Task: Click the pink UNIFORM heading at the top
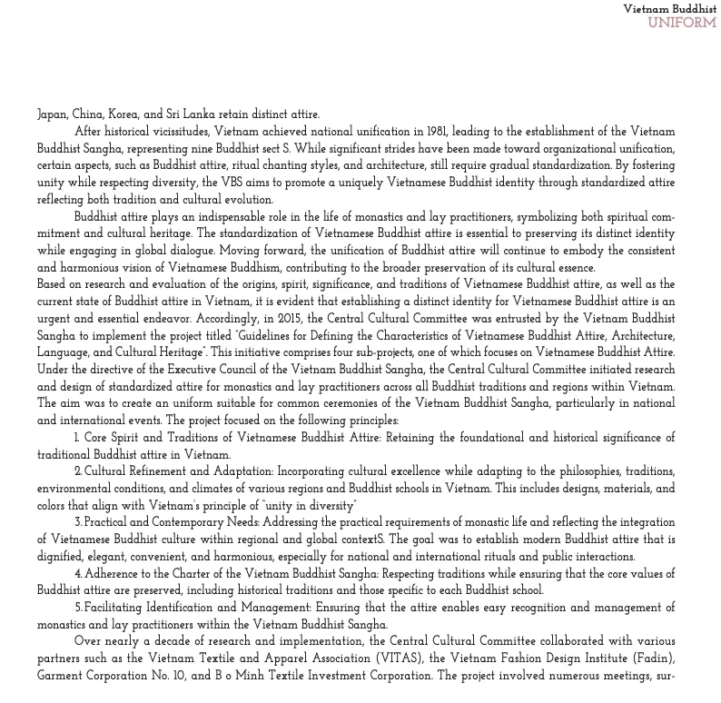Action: (x=682, y=23)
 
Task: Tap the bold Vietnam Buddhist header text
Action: (x=669, y=9)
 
